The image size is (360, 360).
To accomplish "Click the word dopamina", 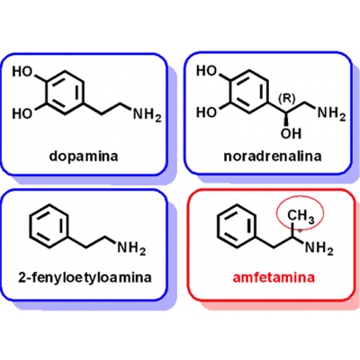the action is [84, 157].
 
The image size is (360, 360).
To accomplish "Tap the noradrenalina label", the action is [273, 157].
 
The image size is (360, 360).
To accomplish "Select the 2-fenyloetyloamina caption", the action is [85, 277].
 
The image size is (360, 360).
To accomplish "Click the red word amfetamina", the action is [274, 277].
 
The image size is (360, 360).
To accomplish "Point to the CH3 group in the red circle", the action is [301, 217].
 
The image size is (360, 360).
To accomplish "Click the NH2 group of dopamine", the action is [147, 114].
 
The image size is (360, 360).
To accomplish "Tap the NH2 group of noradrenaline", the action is [331, 113].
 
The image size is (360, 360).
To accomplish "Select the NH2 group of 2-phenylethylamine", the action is [131, 248].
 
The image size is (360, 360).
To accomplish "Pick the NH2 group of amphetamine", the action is [319, 248].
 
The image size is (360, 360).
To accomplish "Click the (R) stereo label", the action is [287, 98].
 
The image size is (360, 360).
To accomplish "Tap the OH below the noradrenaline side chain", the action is [291, 134].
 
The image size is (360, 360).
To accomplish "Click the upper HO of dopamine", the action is [22, 72].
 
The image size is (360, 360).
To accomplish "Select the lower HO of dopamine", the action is [22, 113].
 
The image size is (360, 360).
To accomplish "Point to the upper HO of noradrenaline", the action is [206, 71].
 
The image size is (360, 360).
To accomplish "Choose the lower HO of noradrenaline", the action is [206, 112].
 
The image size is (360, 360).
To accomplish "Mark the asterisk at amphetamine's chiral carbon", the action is [301, 231].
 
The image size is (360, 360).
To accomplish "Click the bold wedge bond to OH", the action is [286, 119].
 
